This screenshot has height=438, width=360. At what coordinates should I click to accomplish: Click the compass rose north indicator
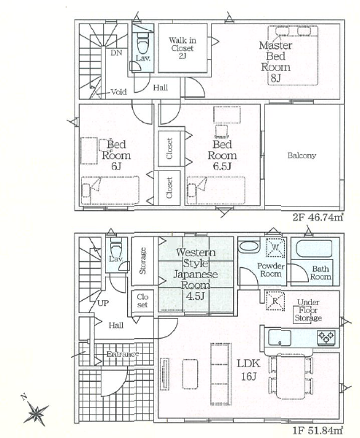coord(35,412)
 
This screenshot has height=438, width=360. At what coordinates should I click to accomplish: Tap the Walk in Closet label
coord(183,47)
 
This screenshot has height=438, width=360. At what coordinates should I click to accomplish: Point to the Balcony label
coord(302,155)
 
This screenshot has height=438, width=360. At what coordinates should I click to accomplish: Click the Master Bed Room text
coord(275,61)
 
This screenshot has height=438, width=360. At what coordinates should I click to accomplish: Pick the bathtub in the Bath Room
coord(313,249)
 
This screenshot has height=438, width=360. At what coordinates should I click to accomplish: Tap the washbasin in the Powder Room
coord(249,247)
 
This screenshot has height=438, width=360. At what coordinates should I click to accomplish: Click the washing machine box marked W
coord(275,247)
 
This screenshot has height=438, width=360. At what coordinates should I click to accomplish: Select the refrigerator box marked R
coord(275,301)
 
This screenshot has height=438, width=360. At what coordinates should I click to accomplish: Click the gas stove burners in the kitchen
coord(326,337)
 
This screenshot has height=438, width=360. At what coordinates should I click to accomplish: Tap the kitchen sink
coord(279,337)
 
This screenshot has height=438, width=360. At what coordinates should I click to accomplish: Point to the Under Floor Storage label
coord(308,310)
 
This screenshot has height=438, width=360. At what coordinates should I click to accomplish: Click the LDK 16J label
coord(249,370)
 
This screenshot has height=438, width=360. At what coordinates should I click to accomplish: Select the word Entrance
coord(123,354)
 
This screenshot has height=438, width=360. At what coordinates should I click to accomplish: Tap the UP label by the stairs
coord(103,303)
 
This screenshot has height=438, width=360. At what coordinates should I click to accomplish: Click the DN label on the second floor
coord(116,53)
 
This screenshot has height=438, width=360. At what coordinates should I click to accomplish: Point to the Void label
coord(119,92)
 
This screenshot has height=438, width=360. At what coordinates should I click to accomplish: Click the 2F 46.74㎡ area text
coord(318,218)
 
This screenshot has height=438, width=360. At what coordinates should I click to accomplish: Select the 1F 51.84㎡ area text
coord(318,431)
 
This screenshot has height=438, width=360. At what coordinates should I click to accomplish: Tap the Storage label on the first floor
coord(142,261)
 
